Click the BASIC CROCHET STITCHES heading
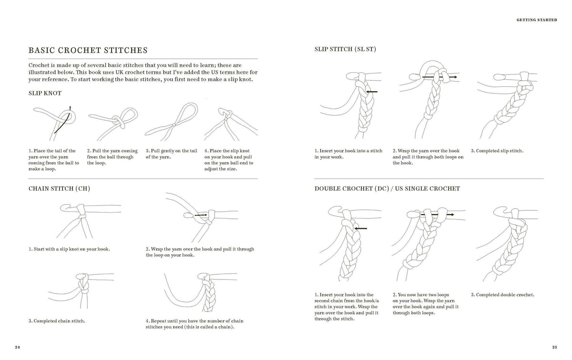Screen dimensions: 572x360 point(88,50)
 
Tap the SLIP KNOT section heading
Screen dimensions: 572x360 point(45,93)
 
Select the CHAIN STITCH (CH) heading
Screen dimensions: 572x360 point(59,188)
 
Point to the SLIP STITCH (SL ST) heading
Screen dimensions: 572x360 point(345,49)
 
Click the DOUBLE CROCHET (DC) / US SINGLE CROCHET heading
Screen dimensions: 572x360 point(387,188)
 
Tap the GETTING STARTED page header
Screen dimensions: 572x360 point(537,20)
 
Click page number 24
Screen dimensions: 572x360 point(17,347)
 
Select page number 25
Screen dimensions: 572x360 point(554,347)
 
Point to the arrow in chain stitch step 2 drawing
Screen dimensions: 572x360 point(201,215)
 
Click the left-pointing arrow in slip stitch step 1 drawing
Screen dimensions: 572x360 point(371,92)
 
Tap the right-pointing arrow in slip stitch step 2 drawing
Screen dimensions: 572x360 point(439,77)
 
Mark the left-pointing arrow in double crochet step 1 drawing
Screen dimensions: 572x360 point(361,228)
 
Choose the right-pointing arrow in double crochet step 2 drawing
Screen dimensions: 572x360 point(438,215)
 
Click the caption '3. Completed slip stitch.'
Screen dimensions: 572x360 point(497,151)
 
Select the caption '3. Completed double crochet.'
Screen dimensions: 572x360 point(502,295)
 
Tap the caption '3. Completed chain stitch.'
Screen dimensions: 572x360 point(57,321)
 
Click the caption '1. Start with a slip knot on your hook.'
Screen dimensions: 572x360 point(69,249)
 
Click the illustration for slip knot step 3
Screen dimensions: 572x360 point(172,122)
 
